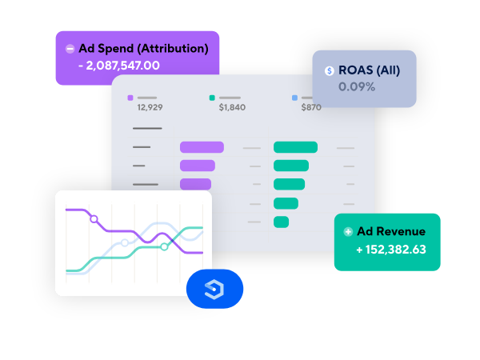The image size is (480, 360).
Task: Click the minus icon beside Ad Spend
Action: (x=70, y=49)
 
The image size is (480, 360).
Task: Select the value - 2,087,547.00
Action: (x=119, y=66)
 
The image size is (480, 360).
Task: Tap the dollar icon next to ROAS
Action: (x=330, y=70)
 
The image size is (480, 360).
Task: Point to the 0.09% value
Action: (x=357, y=87)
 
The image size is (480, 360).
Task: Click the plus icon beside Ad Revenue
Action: (x=348, y=232)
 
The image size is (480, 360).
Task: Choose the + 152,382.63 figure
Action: (x=391, y=250)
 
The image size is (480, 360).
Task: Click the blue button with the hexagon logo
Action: (x=214, y=289)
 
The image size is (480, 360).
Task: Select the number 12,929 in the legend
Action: (x=150, y=107)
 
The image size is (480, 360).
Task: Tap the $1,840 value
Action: (x=232, y=107)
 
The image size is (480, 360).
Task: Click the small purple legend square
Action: (x=130, y=98)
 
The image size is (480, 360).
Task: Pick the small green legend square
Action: (x=212, y=98)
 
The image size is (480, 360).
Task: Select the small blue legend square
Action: (x=294, y=98)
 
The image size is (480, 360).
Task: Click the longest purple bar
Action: (x=202, y=147)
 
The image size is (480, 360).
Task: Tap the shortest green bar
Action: (x=282, y=222)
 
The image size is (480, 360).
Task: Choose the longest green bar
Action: (x=296, y=147)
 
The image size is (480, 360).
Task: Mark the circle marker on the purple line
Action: (x=94, y=219)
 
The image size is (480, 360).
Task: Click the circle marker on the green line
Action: (x=164, y=246)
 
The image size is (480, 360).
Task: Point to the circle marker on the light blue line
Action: (x=125, y=243)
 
